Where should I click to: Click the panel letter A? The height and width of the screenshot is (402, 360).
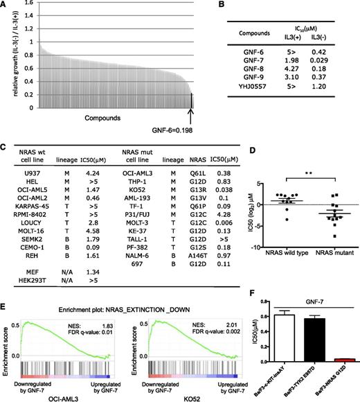[x=5, y=6]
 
